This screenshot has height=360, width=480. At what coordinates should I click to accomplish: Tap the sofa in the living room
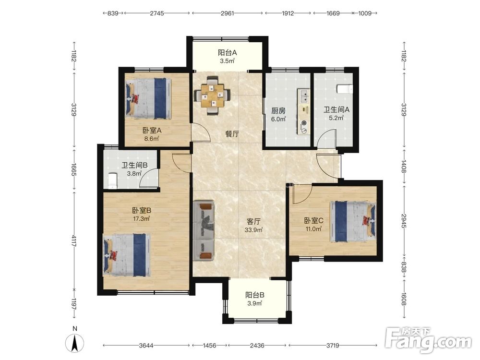204,230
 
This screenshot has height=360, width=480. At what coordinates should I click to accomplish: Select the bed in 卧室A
149,98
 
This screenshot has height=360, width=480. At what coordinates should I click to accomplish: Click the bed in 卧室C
353,221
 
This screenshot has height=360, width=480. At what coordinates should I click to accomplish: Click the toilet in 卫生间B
113,180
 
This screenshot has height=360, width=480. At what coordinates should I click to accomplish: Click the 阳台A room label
227,53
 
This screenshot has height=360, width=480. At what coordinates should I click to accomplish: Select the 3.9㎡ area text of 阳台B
255,303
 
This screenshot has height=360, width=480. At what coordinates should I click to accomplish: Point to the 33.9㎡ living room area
254,230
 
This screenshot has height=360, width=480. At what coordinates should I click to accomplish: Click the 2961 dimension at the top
227,13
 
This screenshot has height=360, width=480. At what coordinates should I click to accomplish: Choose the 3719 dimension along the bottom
333,346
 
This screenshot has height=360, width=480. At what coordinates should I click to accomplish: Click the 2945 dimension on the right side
404,221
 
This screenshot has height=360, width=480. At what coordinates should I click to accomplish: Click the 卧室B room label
142,211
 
